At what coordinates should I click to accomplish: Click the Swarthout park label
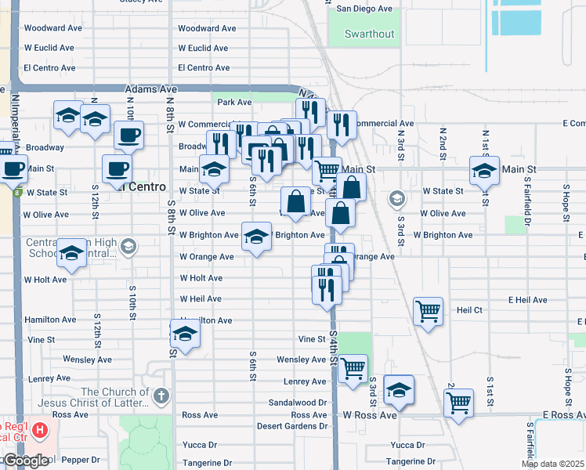[371, 34]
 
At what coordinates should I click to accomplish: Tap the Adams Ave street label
[151, 90]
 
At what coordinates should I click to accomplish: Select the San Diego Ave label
[364, 9]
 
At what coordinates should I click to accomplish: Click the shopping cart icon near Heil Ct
[429, 311]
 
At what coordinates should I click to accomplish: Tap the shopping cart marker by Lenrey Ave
[353, 367]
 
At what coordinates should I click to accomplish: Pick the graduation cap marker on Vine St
[185, 334]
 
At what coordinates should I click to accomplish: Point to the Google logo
[25, 461]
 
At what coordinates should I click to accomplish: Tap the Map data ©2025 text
[553, 464]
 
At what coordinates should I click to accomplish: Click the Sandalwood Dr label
[297, 402]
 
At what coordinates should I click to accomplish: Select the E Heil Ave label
[527, 300]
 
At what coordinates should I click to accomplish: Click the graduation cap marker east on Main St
[484, 168]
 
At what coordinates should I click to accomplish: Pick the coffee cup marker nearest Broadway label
[128, 135]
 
